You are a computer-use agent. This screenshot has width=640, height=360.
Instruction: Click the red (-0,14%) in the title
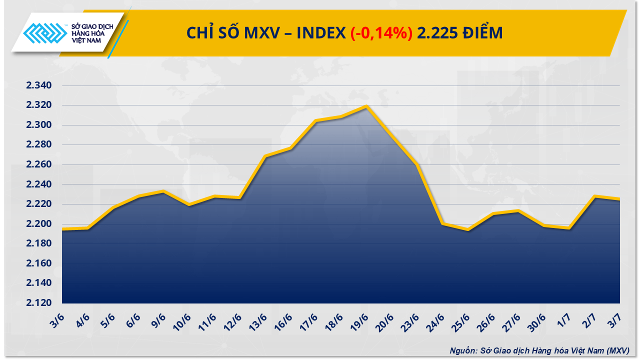pos(381,33)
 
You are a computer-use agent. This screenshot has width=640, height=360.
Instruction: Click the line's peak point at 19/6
pos(367,106)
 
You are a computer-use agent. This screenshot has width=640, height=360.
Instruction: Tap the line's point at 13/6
pos(265,156)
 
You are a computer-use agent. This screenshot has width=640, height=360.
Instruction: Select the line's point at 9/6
pos(164,191)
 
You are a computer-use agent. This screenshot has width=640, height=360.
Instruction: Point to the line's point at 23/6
pos(417,164)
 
